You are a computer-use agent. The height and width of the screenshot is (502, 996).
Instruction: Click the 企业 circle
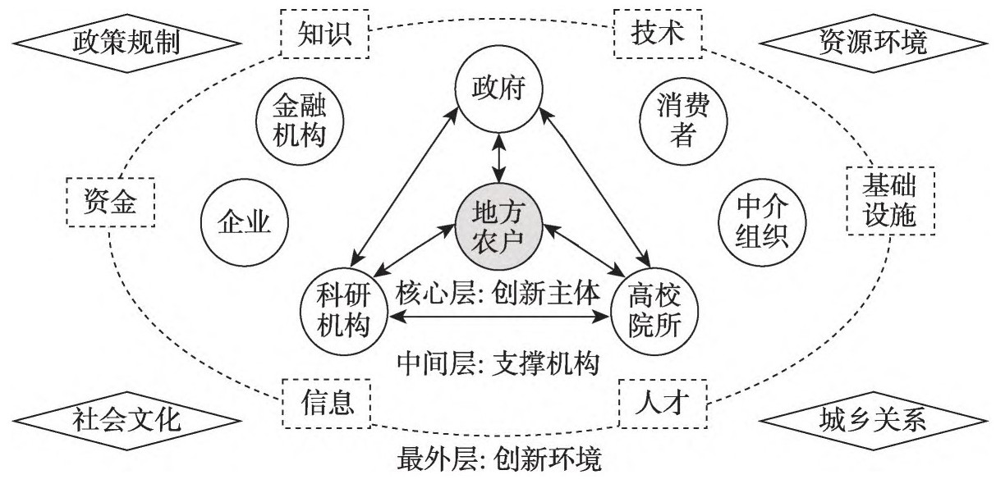point(243,221)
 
